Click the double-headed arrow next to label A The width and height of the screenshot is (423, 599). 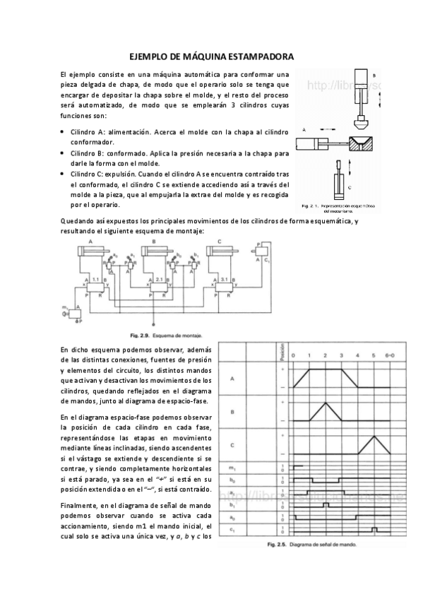[x=327, y=130]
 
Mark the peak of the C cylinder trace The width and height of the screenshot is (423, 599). [x=374, y=435]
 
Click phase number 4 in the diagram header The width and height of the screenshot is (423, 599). [x=357, y=355]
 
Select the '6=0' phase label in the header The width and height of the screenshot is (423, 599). [x=391, y=355]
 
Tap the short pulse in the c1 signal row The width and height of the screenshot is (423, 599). [x=375, y=528]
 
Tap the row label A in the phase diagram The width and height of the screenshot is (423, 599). [x=232, y=379]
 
